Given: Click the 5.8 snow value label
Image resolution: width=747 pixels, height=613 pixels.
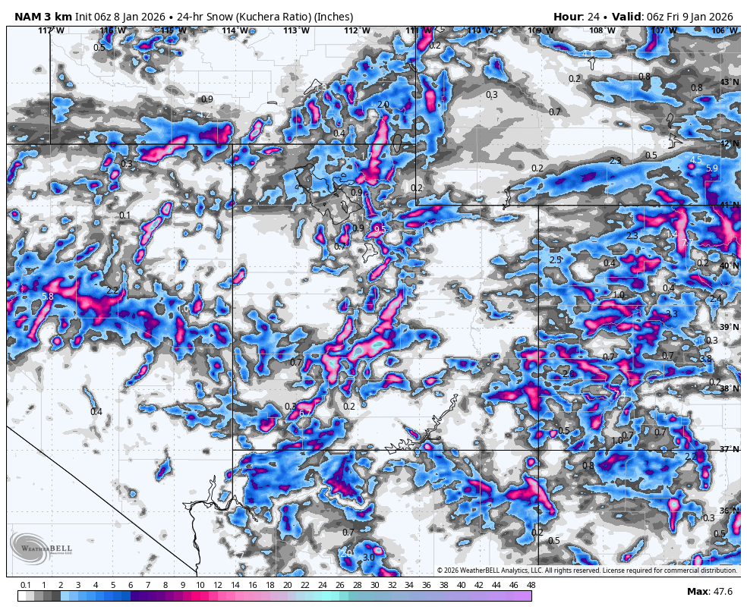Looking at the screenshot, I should (48, 297).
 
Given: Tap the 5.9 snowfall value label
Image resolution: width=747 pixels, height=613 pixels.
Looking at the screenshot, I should (711, 168).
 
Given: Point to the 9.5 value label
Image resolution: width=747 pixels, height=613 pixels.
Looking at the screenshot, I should (380, 229).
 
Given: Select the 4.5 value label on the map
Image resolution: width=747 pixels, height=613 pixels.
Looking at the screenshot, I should (695, 159).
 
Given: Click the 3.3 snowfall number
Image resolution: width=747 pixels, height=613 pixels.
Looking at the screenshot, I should (671, 313).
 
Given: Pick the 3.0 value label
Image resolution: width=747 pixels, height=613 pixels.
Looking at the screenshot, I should (368, 558).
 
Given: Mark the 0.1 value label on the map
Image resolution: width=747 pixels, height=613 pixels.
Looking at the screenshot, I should (124, 215).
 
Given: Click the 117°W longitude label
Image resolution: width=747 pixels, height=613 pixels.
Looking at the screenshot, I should (51, 30).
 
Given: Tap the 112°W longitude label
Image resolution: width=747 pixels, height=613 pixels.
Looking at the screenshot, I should (357, 30).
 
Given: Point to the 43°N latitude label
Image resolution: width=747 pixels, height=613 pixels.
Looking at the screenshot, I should (729, 82).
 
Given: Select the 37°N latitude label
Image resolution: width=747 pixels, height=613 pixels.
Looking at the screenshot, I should (729, 449).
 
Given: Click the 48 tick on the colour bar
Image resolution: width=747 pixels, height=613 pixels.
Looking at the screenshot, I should (531, 585).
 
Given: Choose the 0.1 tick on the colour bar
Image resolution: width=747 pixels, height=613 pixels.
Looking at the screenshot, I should (26, 585).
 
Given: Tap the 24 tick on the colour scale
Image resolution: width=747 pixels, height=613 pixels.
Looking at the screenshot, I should (322, 585).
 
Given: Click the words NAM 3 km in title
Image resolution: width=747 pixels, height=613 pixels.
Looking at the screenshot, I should (43, 17).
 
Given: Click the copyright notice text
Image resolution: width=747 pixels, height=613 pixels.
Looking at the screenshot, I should (586, 571).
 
